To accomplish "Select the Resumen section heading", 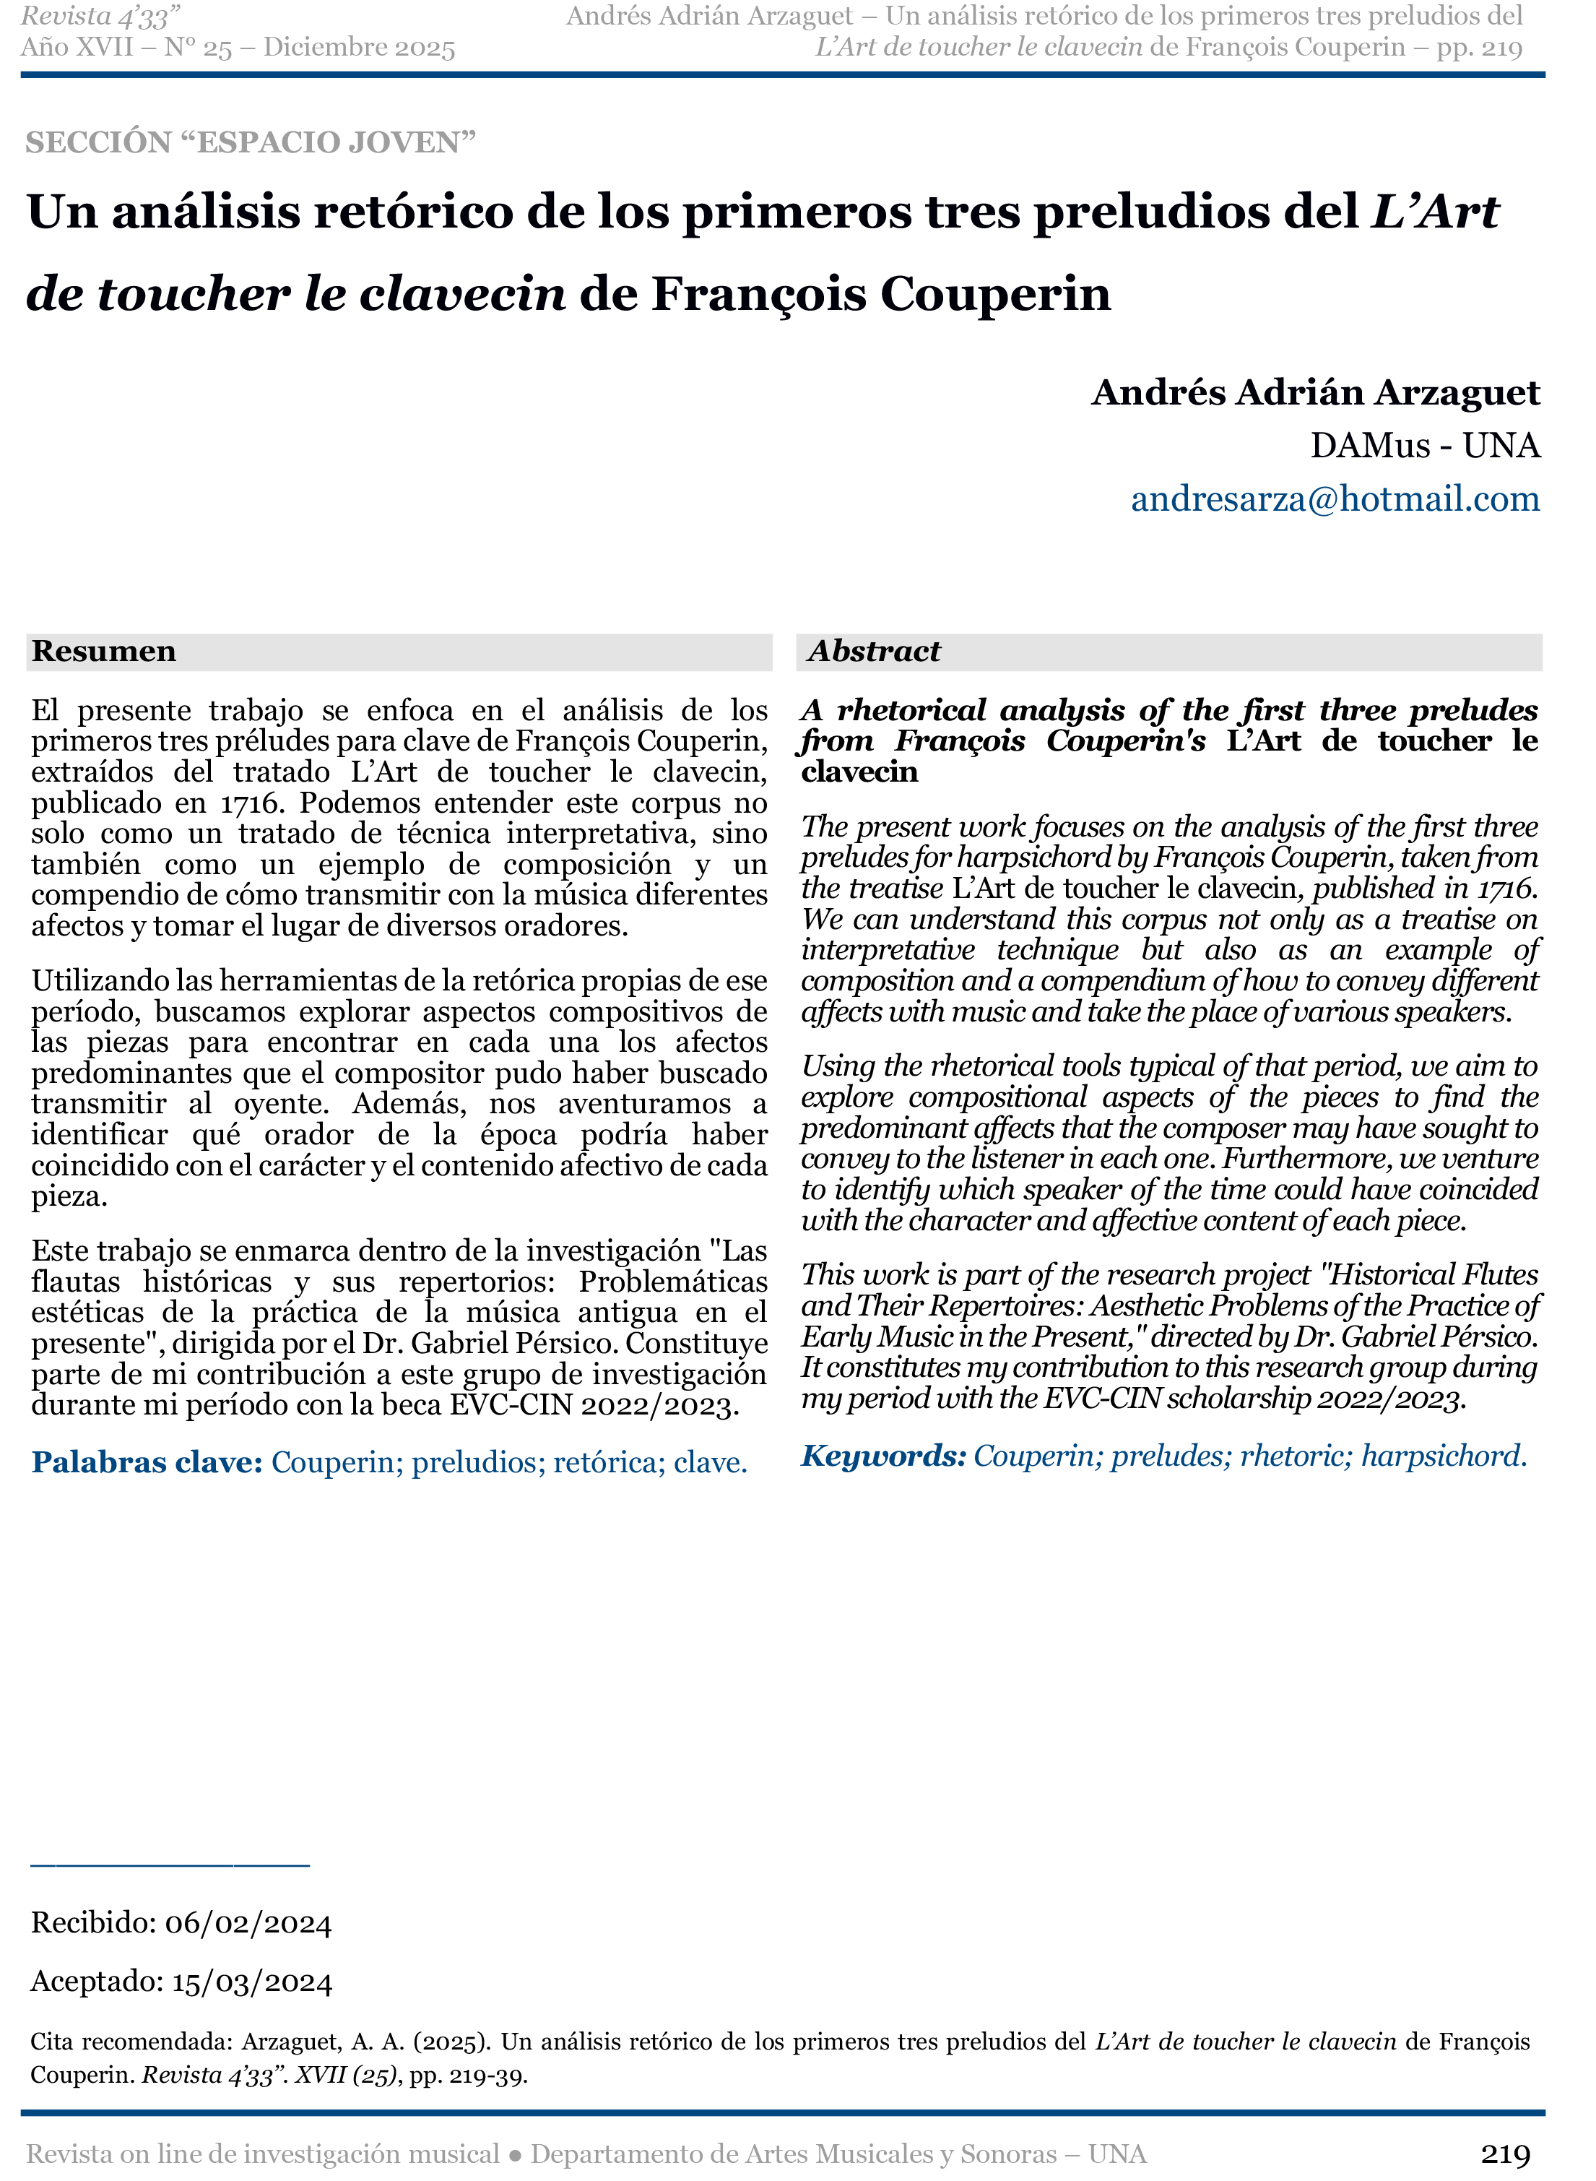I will [103, 652].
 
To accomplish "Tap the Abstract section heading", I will [873, 652].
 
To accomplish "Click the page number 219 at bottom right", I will [1505, 2154].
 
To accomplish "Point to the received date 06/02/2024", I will [248, 1923].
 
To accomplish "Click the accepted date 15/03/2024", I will [252, 1982].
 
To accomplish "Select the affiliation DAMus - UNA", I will [1424, 446].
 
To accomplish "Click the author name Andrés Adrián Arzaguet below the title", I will [1315, 392].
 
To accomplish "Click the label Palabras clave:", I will [147, 1463].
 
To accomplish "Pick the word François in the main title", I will [758, 294].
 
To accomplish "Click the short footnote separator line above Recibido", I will [170, 1863].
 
